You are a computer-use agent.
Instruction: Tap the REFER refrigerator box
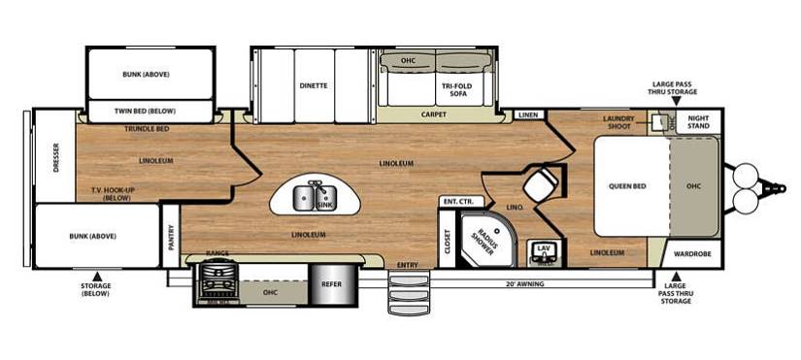[x=331, y=284]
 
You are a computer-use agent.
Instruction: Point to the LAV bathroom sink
[x=544, y=252]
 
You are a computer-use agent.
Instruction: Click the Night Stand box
[x=698, y=122]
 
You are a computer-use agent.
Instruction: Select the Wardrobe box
[x=691, y=254]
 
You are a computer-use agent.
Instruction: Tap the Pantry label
[x=171, y=237]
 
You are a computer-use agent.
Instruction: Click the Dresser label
[x=55, y=157]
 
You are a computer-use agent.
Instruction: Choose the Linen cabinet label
[x=528, y=115]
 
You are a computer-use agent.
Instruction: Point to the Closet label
[x=448, y=241]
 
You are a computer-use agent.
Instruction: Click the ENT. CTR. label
[x=456, y=201]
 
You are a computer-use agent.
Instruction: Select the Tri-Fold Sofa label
[x=454, y=90]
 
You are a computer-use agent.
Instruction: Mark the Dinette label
[x=314, y=85]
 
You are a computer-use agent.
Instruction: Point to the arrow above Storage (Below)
[x=96, y=276]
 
